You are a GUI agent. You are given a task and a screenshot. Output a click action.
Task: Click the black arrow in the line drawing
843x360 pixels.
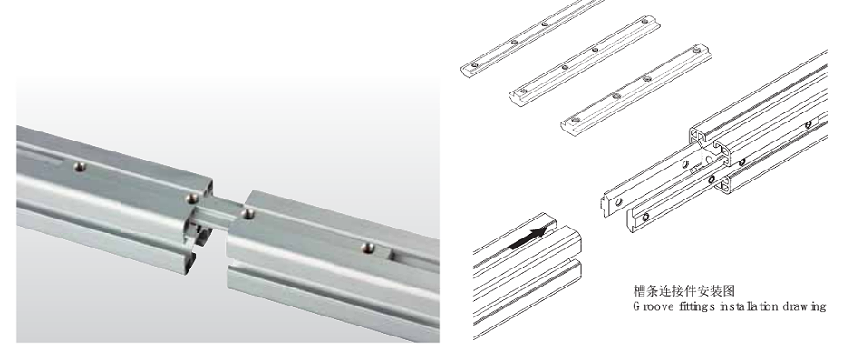pyautogui.click(x=530, y=238)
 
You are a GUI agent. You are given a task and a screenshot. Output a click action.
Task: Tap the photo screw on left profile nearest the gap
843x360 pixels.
pyautogui.click(x=190, y=199)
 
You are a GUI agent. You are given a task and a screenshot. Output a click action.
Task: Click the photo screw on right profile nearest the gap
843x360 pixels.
pyautogui.click(x=247, y=214)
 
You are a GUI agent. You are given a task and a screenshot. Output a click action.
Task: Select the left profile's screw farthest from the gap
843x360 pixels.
pyautogui.click(x=81, y=167)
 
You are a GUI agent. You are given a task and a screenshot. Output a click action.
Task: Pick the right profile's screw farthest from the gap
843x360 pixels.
pyautogui.click(x=368, y=248)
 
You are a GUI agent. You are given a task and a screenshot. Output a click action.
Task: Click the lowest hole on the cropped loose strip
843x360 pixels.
pyautogui.click(x=474, y=65)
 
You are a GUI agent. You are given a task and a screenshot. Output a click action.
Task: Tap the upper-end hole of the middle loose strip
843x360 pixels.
pyautogui.click(x=596, y=50)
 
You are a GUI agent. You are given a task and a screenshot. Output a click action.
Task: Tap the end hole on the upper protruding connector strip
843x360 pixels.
pyautogui.click(x=619, y=202)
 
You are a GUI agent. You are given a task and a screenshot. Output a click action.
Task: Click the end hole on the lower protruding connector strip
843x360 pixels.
pyautogui.click(x=645, y=217)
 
